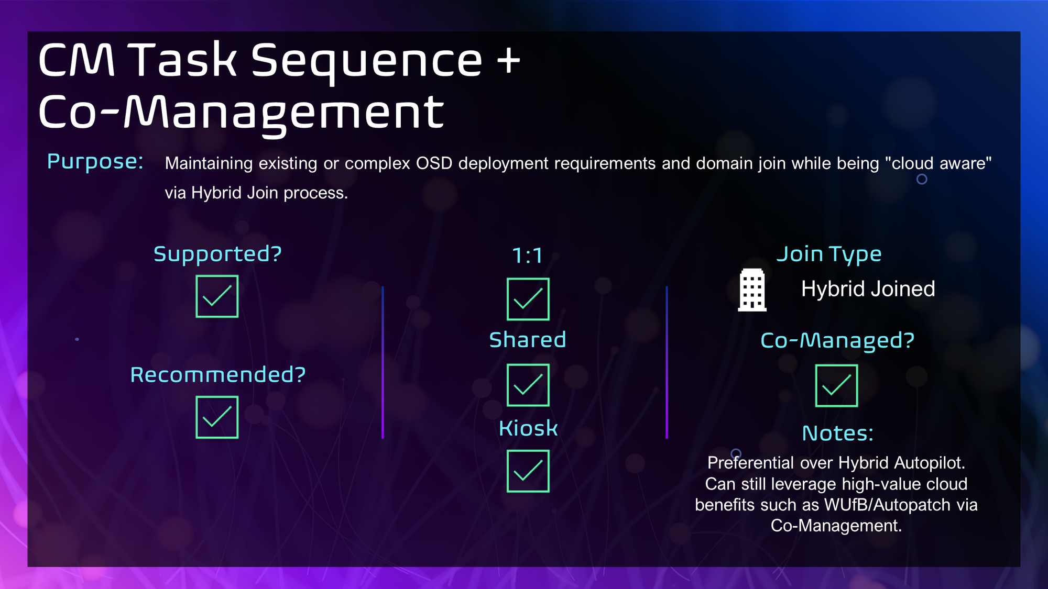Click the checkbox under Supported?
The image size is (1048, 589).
pyautogui.click(x=217, y=296)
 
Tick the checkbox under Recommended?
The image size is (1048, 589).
pyautogui.click(x=217, y=417)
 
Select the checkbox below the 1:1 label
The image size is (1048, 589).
pyautogui.click(x=528, y=299)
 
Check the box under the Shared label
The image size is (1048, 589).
pyautogui.click(x=528, y=385)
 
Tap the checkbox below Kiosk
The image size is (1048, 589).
pyautogui.click(x=528, y=471)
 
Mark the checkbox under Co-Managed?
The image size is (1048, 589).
pyautogui.click(x=837, y=386)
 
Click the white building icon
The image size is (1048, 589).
pyautogui.click(x=752, y=290)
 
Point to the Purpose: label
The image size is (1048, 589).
pyautogui.click(x=95, y=162)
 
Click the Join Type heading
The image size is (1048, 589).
pyautogui.click(x=829, y=254)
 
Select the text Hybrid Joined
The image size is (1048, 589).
pyautogui.click(x=868, y=289)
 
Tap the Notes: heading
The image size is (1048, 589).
pyautogui.click(x=838, y=434)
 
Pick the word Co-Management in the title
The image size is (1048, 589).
pyautogui.click(x=242, y=113)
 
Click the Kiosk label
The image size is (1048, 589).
pyautogui.click(x=528, y=428)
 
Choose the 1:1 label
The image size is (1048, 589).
pyautogui.click(x=527, y=256)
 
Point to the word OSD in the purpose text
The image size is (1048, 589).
pyautogui.click(x=434, y=163)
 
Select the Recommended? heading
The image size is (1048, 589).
pyautogui.click(x=218, y=375)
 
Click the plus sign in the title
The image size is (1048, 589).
pyautogui.click(x=509, y=61)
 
